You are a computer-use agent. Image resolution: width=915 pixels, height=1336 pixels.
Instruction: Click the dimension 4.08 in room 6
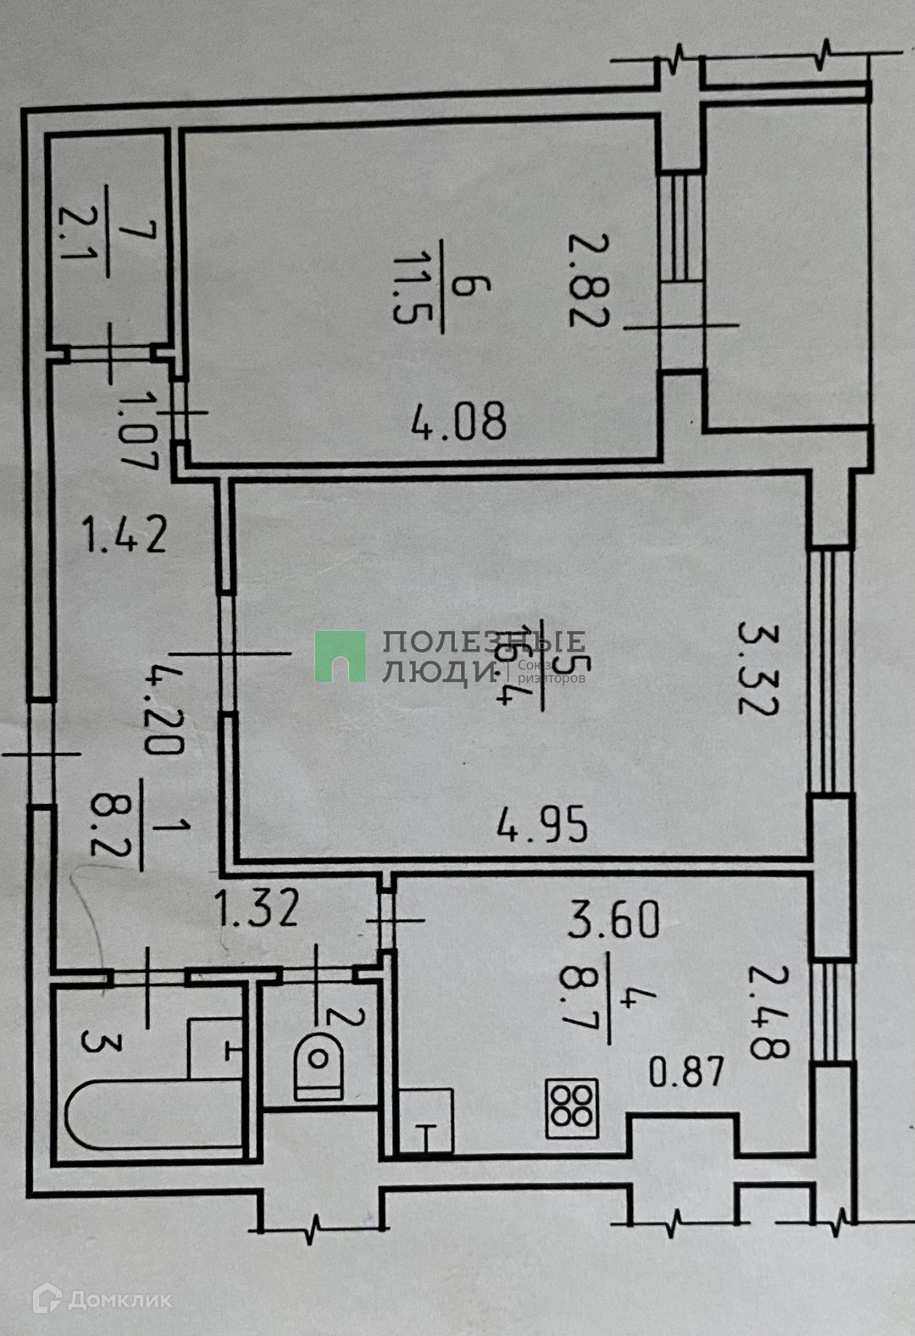pyautogui.click(x=460, y=421)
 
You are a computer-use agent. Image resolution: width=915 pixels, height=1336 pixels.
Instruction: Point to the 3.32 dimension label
pyautogui.click(x=757, y=668)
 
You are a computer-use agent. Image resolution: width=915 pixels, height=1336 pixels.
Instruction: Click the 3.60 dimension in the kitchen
pyautogui.click(x=614, y=920)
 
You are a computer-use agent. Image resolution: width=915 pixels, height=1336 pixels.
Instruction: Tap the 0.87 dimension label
pyautogui.click(x=687, y=1073)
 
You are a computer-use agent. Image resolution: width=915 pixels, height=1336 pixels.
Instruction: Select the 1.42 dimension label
pyautogui.click(x=125, y=535)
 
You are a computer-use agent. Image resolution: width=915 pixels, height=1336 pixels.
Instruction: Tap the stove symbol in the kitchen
pyautogui.click(x=573, y=1107)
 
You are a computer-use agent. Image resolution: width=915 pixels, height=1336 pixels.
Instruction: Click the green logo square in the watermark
pyautogui.click(x=341, y=656)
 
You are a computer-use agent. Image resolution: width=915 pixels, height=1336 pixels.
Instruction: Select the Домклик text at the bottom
pyautogui.click(x=119, y=1299)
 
